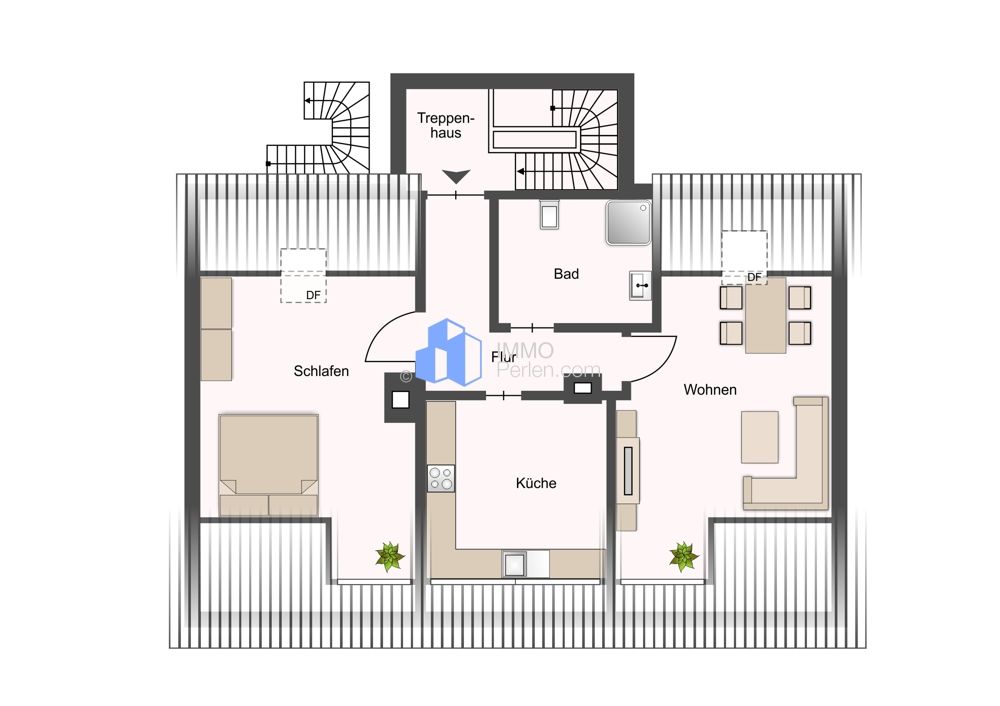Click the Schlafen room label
tap(321, 371)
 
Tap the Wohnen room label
tap(710, 390)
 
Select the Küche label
tap(536, 483)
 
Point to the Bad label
tap(566, 274)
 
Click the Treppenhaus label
tap(446, 126)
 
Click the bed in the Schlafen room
tap(268, 464)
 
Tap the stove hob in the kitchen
tap(441, 478)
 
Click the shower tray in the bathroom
tap(629, 223)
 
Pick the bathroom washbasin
tap(640, 285)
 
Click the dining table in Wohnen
tap(765, 315)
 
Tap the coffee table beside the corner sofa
tap(760, 437)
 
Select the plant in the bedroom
tap(389, 557)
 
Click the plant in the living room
tap(684, 557)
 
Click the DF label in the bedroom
tap(313, 296)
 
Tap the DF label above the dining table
tap(754, 277)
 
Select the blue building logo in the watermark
tap(448, 352)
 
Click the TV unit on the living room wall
tap(628, 471)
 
